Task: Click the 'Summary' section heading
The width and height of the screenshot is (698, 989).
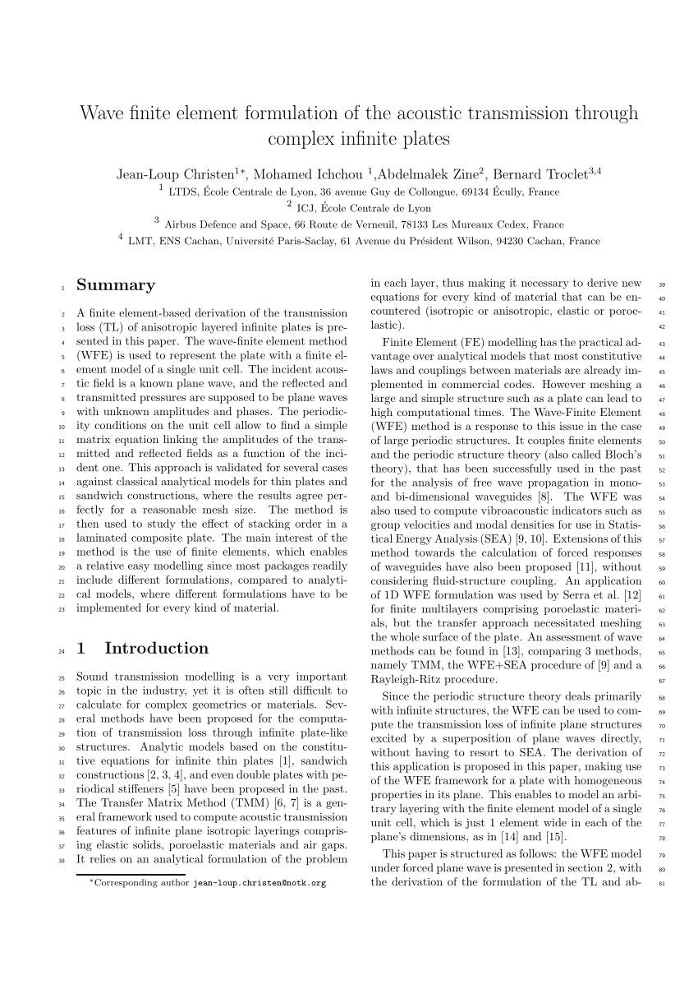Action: click(116, 285)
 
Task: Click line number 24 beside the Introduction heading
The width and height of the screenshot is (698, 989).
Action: click(61, 652)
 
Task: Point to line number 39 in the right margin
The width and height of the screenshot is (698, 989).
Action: click(663, 285)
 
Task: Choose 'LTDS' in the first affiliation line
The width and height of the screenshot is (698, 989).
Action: click(181, 192)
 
